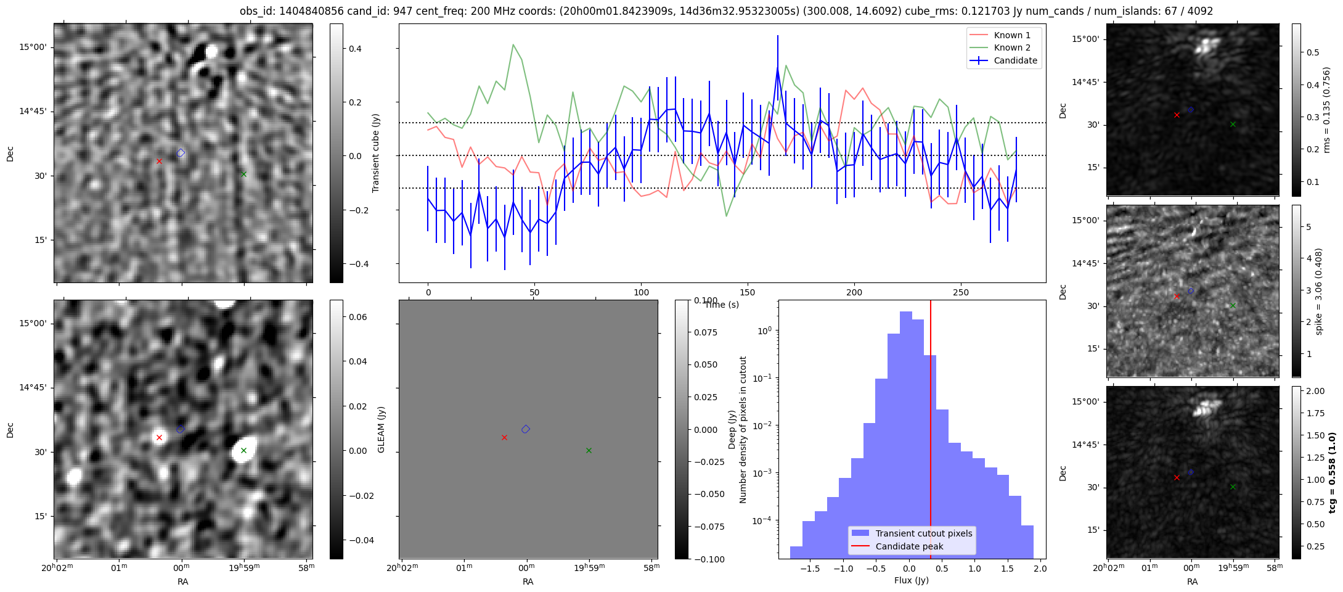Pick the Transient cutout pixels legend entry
pyautogui.click(x=912, y=533)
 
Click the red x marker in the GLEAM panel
pyautogui.click(x=504, y=437)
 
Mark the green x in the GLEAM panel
pyautogui.click(x=589, y=450)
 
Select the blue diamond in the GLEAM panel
pyautogui.click(x=526, y=429)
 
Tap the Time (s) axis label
pyautogui.click(x=722, y=305)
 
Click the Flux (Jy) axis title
pyautogui.click(x=911, y=580)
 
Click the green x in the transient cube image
pyautogui.click(x=243, y=174)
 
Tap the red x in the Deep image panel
pyautogui.click(x=159, y=437)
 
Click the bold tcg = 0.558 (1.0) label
pyautogui.click(x=1332, y=473)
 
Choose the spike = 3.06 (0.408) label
pyautogui.click(x=1319, y=291)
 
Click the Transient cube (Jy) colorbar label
pyautogui.click(x=375, y=153)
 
